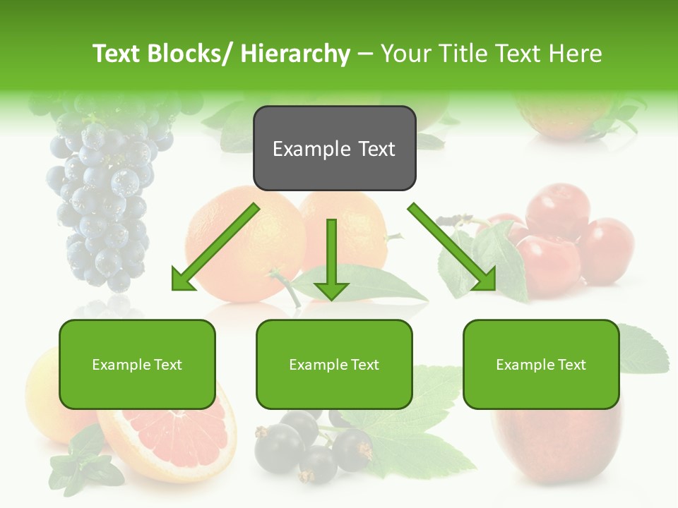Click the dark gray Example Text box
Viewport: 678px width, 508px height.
[x=334, y=148]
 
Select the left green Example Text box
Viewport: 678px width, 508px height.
[x=137, y=364]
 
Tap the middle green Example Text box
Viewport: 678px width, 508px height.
[x=334, y=364]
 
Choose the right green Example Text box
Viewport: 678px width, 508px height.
[x=541, y=364]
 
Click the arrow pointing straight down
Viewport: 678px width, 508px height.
[x=331, y=261]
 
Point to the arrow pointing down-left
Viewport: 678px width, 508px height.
[x=212, y=250]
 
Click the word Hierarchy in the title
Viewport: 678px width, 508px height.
[x=295, y=54]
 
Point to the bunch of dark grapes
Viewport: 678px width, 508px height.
[x=106, y=190]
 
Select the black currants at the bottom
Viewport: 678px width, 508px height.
[x=311, y=445]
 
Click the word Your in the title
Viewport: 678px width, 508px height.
[x=405, y=54]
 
